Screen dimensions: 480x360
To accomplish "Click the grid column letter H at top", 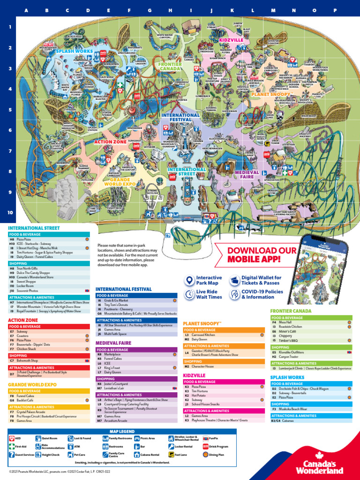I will click(x=170, y=10).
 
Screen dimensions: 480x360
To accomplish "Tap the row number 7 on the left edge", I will click(x=10, y=151).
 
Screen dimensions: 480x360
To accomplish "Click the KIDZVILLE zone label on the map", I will click(x=231, y=40).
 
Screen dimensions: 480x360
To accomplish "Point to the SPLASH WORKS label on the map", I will click(x=75, y=51).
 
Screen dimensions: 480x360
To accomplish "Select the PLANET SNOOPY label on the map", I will click(x=270, y=94).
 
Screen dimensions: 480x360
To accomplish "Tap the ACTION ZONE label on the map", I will click(x=110, y=142).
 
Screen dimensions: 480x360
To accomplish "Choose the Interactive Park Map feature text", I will click(x=209, y=280).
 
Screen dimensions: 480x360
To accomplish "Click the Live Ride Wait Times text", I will click(x=209, y=294).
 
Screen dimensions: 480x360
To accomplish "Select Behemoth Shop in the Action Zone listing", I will click(x=27, y=361).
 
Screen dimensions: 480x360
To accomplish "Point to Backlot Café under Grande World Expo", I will click(x=25, y=400).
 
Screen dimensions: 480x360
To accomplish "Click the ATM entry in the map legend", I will click(x=77, y=446).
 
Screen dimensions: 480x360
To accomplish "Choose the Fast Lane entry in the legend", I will click(x=181, y=455).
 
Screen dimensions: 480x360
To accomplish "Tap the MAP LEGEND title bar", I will click(x=122, y=431).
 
